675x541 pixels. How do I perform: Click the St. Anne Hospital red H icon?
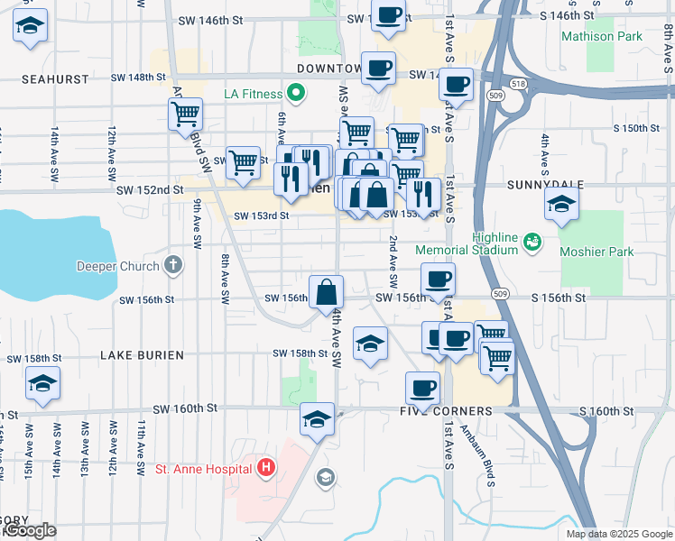click(266, 468)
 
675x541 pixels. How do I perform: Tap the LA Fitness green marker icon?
click(295, 94)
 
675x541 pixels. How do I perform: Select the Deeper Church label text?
click(117, 266)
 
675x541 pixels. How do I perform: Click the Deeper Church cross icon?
click(173, 265)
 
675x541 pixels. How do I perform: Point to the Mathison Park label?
click(602, 37)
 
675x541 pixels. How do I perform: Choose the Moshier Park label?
click(596, 252)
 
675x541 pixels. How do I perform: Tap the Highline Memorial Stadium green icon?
click(532, 241)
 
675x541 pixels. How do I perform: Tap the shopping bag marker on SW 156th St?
click(326, 293)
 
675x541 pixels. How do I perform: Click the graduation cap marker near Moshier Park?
click(561, 206)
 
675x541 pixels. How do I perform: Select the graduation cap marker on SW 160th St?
click(317, 418)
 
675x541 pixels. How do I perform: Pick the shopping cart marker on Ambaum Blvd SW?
click(185, 114)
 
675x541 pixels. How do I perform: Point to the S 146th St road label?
click(567, 15)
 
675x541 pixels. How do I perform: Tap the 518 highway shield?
click(517, 83)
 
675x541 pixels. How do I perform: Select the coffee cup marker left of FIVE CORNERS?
click(422, 389)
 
